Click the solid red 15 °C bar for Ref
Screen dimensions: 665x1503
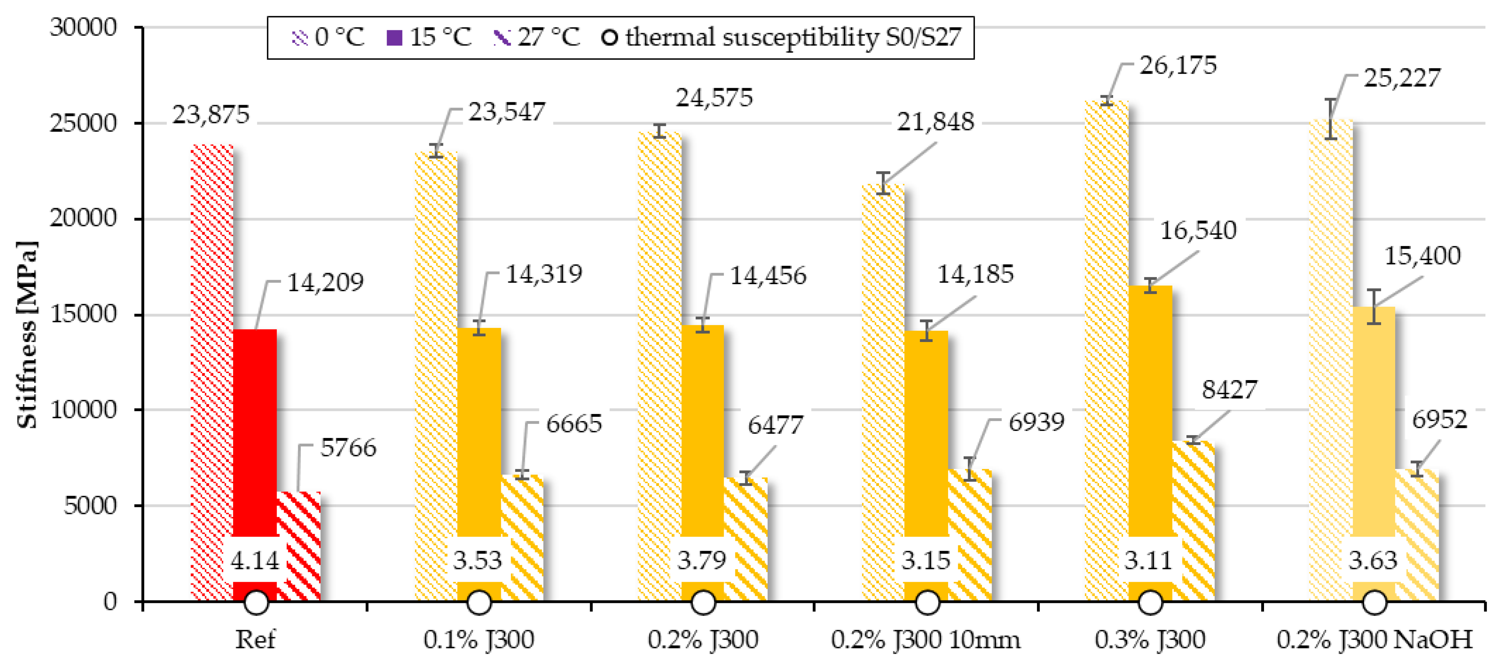pyautogui.click(x=255, y=432)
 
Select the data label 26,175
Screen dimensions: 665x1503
pyautogui.click(x=1178, y=65)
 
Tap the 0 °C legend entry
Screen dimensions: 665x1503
pyautogui.click(x=328, y=37)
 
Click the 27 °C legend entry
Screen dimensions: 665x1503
pyautogui.click(x=537, y=37)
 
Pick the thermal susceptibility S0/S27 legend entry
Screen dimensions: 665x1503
pyautogui.click(x=782, y=37)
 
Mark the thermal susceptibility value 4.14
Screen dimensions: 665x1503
pyautogui.click(x=255, y=561)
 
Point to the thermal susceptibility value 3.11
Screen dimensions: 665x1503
pyautogui.click(x=1149, y=561)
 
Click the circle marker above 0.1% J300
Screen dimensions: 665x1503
pyautogui.click(x=479, y=602)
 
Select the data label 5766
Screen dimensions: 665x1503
pyautogui.click(x=348, y=448)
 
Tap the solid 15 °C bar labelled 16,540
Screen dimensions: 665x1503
pyautogui.click(x=1150, y=409)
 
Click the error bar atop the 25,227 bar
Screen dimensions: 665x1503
pyautogui.click(x=1330, y=119)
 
